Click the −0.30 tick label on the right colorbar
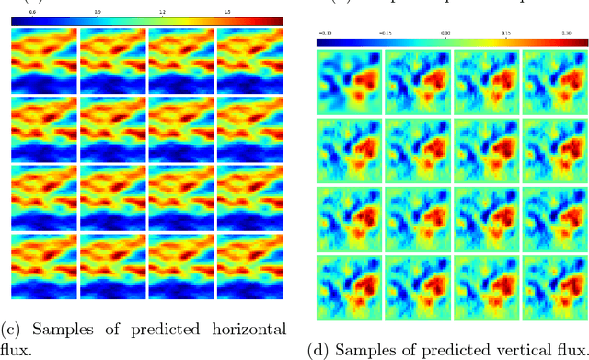(x=324, y=32)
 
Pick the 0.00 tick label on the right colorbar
(x=446, y=32)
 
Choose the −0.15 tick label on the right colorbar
(x=385, y=32)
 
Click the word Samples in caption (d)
(x=360, y=351)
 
